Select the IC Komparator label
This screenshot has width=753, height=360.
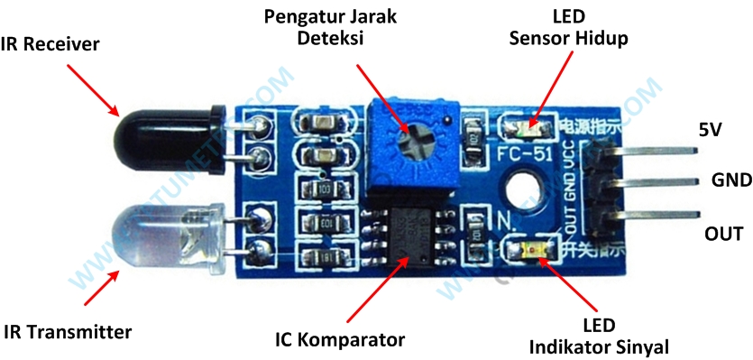[x=339, y=339]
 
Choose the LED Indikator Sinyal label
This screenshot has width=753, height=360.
[x=599, y=336]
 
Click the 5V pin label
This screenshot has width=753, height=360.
[x=711, y=130]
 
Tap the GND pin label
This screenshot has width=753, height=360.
[x=731, y=180]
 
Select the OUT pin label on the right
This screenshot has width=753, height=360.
[x=724, y=234]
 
